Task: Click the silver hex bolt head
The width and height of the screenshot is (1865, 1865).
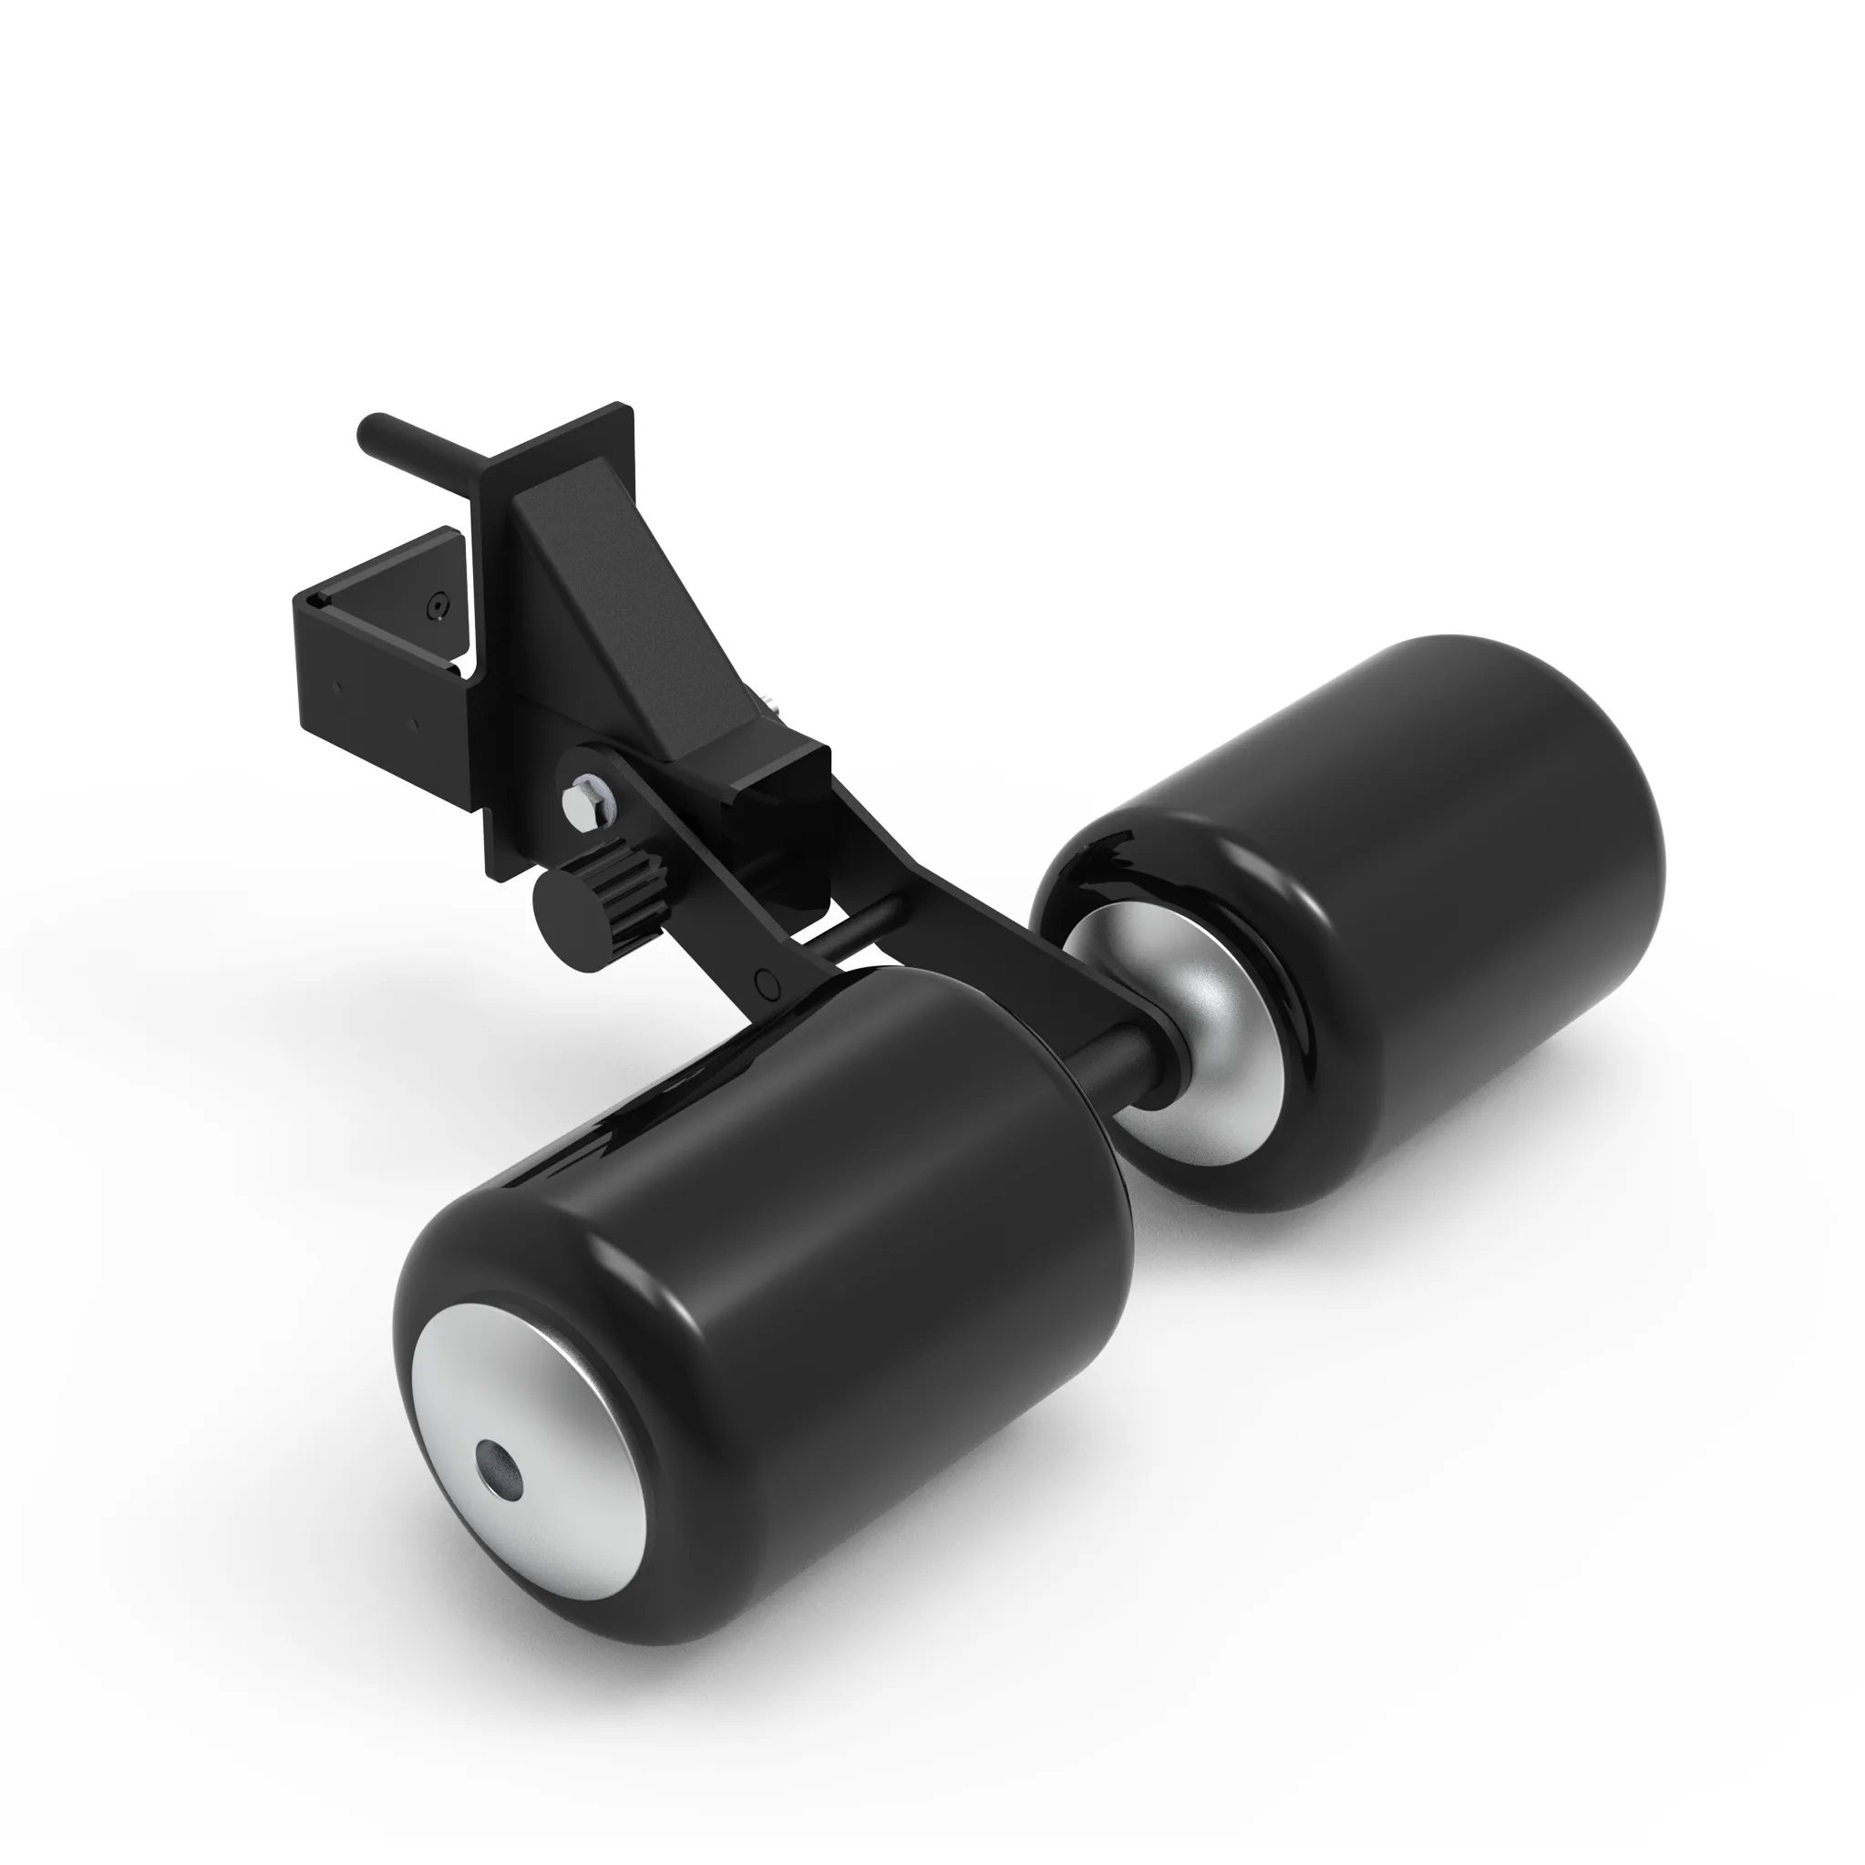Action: click(584, 803)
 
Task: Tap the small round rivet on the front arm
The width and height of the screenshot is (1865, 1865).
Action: click(768, 983)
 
